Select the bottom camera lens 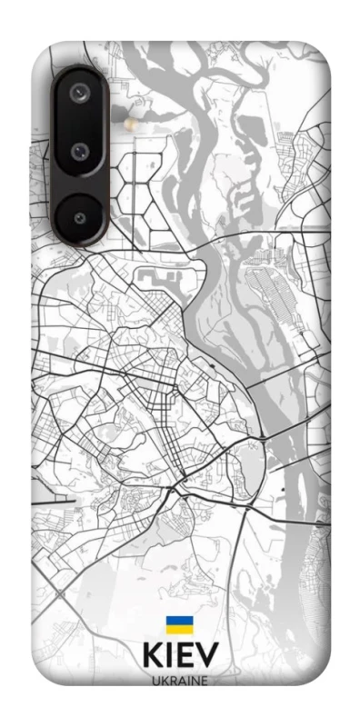click(81, 217)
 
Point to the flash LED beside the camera click(133, 120)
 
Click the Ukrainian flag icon click(179, 626)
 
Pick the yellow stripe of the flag click(179, 631)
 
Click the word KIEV click(180, 656)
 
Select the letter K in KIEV click(152, 656)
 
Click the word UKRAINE click(180, 679)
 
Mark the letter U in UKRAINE click(156, 679)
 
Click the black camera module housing click(80, 154)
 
